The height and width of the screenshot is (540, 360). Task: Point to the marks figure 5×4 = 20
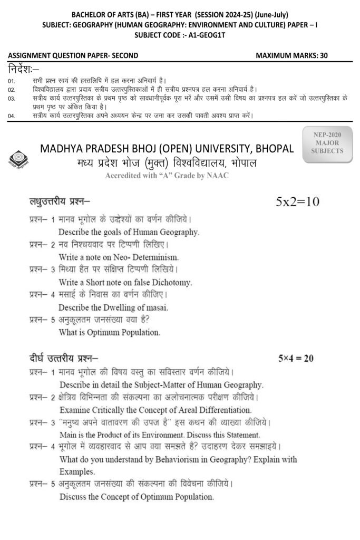click(x=296, y=359)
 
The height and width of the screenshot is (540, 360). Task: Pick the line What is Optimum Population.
click(x=109, y=332)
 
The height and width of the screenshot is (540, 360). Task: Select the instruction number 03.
click(x=12, y=99)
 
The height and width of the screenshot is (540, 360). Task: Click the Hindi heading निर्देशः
click(x=24, y=70)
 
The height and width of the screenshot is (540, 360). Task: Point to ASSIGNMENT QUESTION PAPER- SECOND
click(x=73, y=55)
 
